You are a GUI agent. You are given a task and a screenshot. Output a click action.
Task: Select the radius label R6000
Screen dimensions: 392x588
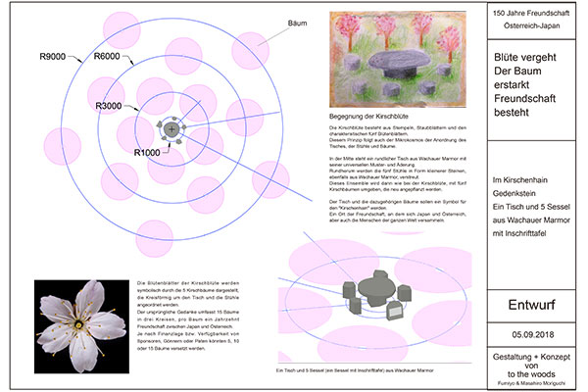(107, 58)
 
